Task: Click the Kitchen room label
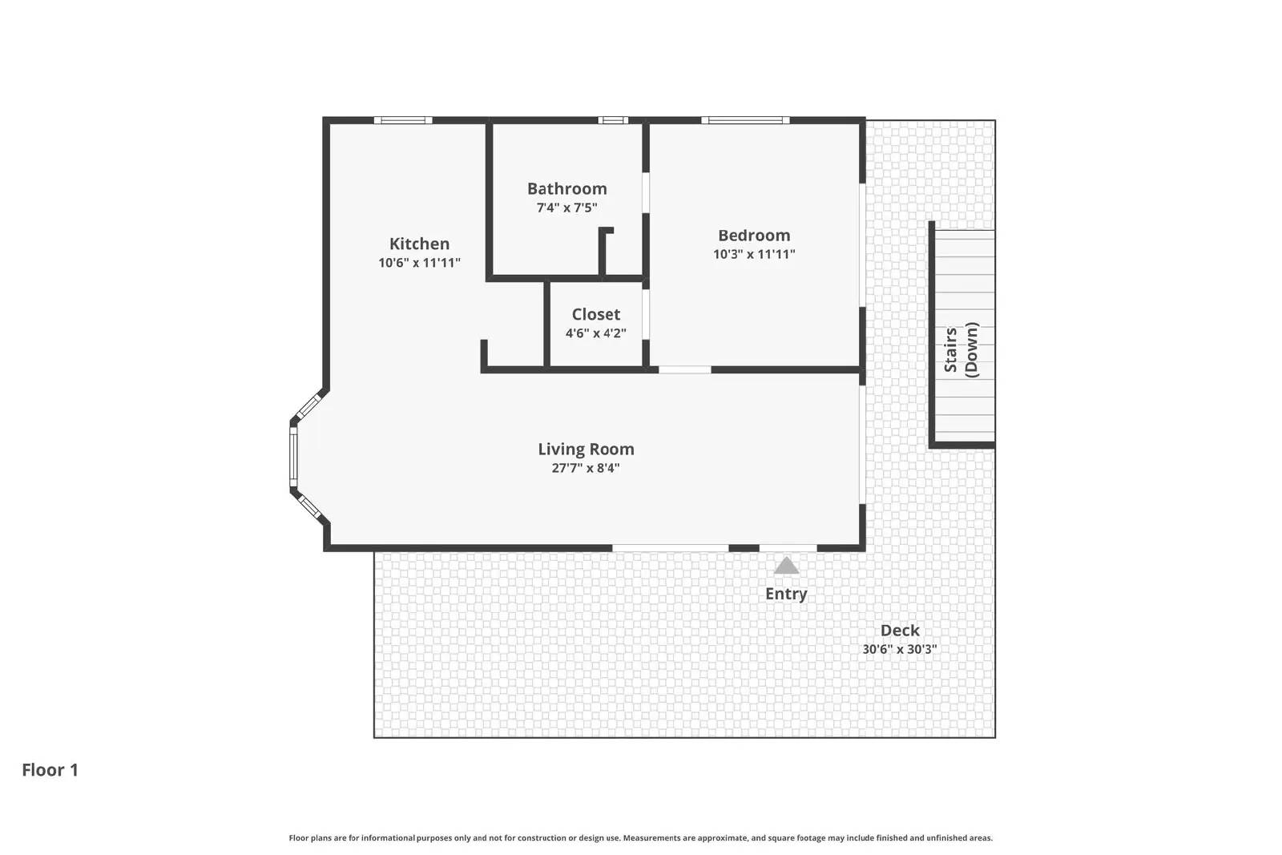pyautogui.click(x=419, y=244)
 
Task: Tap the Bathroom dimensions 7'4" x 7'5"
pyautogui.click(x=566, y=208)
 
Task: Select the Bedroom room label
pyautogui.click(x=754, y=235)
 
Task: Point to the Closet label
pyautogui.click(x=595, y=314)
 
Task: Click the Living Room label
pyautogui.click(x=586, y=449)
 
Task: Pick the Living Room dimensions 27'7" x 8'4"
pyautogui.click(x=586, y=468)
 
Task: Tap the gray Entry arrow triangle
pyautogui.click(x=786, y=567)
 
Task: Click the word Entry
pyautogui.click(x=786, y=594)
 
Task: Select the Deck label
pyautogui.click(x=900, y=630)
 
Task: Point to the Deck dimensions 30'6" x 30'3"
pyautogui.click(x=900, y=649)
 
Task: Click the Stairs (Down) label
pyautogui.click(x=961, y=349)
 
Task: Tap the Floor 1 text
pyautogui.click(x=50, y=770)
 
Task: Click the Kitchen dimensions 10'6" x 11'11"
pyautogui.click(x=419, y=263)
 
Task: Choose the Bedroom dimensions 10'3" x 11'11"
pyautogui.click(x=754, y=254)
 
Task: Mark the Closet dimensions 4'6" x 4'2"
pyautogui.click(x=595, y=333)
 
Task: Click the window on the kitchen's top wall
pyautogui.click(x=403, y=120)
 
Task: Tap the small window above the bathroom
pyautogui.click(x=613, y=120)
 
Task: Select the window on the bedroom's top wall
pyautogui.click(x=745, y=120)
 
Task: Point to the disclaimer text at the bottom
pyautogui.click(x=640, y=838)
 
